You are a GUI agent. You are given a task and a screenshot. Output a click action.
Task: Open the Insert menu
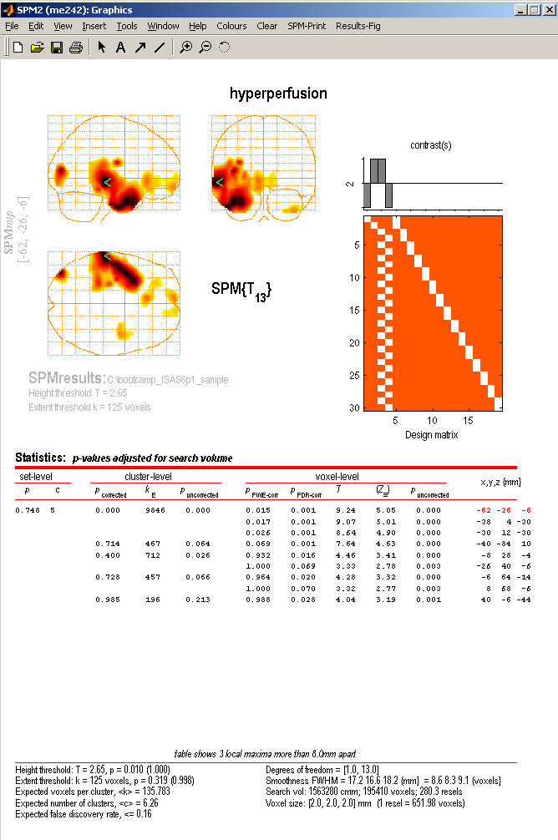pos(94,26)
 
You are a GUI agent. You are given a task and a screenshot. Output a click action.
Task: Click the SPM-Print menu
pos(307,26)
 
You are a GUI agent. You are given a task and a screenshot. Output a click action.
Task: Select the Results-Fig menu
pos(358,26)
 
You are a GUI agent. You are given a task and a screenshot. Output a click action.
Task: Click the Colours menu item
pos(231,26)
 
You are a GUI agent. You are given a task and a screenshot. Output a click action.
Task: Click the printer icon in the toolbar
pos(75,48)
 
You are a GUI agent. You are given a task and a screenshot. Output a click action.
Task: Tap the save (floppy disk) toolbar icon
pos(57,48)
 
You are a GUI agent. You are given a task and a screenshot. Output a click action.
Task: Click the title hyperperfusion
pos(278,94)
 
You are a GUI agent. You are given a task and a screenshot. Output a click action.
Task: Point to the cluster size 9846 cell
pos(156,509)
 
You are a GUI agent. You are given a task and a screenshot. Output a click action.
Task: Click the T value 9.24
pos(343,509)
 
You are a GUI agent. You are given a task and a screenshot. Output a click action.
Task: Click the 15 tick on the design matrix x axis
pos(469,421)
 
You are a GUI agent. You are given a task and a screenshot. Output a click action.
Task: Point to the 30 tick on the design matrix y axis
pos(355,407)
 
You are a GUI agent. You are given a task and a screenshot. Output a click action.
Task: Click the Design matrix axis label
pos(431,434)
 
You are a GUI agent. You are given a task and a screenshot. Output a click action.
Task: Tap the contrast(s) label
pos(431,145)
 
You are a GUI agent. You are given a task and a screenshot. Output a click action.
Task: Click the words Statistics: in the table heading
pos(40,458)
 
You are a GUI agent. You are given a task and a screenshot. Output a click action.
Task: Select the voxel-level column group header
pos(337,477)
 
